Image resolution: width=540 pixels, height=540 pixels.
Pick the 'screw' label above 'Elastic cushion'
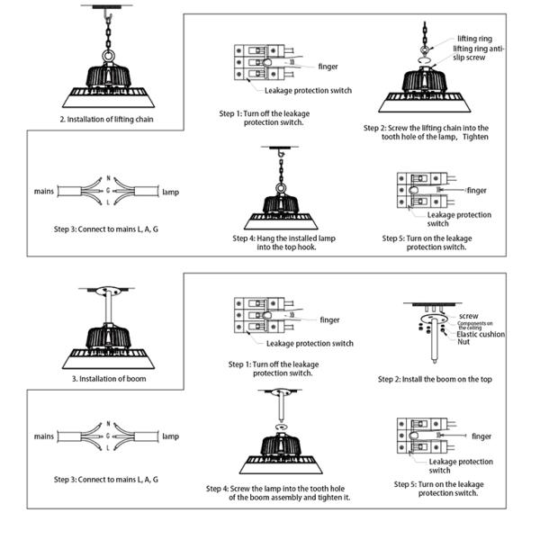click(468, 317)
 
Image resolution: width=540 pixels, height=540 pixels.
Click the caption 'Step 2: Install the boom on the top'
click(435, 380)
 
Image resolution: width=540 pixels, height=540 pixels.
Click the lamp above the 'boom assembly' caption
click(283, 455)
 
